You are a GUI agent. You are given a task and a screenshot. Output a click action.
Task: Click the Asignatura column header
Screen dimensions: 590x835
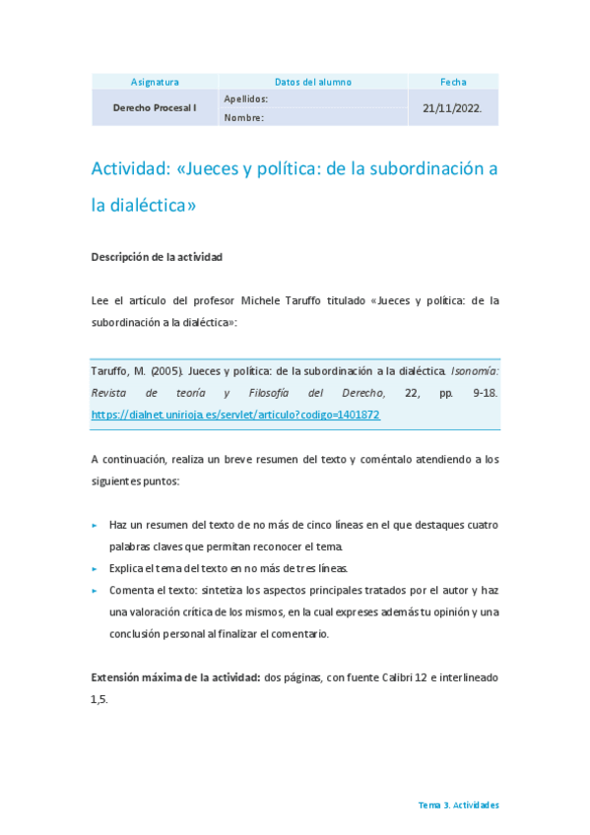pos(155,82)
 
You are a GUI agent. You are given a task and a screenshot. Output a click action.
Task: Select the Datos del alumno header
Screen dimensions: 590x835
pos(313,82)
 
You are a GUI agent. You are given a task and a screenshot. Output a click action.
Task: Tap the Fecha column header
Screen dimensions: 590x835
pos(453,82)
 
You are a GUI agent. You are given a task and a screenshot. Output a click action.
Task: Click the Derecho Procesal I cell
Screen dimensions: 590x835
pos(155,107)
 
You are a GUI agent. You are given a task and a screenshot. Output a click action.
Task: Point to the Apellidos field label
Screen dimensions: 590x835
pos(246,99)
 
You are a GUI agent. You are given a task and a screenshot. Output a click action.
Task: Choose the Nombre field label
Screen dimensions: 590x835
pos(243,118)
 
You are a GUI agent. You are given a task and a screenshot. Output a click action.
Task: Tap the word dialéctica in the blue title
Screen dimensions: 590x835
pos(150,206)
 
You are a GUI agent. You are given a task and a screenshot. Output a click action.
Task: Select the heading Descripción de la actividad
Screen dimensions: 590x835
pos(157,257)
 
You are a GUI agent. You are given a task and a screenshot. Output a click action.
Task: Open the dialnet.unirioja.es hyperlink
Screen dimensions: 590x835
pos(234,416)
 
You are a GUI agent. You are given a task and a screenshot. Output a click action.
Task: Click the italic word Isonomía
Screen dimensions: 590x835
pos(475,372)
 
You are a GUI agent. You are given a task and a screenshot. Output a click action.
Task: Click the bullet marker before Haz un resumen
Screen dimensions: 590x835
pos(95,526)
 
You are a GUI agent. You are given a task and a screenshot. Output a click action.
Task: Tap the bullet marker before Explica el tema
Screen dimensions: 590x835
pos(95,569)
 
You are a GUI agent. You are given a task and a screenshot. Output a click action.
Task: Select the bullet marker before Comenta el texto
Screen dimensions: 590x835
pos(95,591)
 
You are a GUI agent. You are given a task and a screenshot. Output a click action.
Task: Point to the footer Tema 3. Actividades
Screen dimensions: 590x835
pos(458,804)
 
